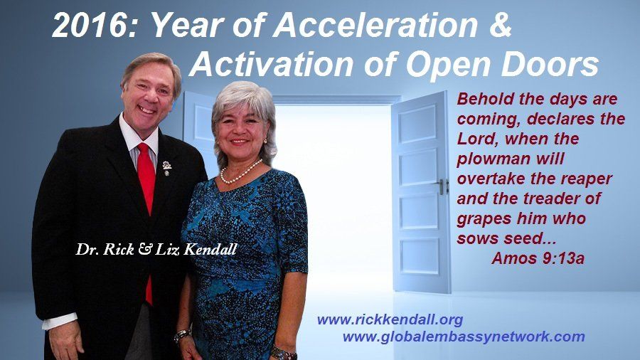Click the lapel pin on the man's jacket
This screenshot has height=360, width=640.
pos(166,168)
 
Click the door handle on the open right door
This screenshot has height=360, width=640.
pos(442,186)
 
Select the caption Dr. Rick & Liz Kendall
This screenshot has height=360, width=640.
pos(156,249)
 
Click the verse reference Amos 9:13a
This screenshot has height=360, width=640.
pos(538,258)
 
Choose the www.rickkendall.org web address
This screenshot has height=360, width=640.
pos(390,319)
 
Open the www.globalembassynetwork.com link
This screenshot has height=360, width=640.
pos(464,337)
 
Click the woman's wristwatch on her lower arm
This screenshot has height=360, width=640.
pos(284,353)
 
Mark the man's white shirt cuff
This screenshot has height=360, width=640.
pos(60,321)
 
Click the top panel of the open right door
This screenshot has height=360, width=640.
pos(418,124)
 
